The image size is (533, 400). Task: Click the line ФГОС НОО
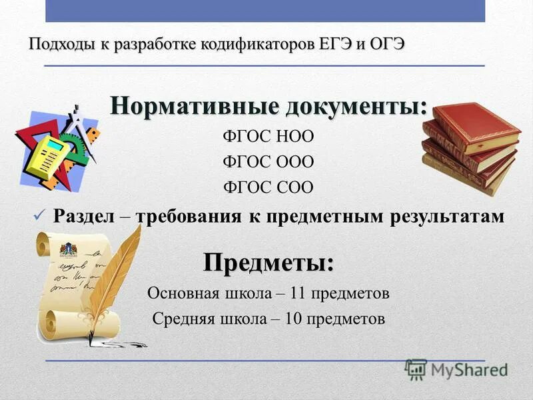tap(268, 137)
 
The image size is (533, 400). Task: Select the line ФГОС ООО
tap(268, 162)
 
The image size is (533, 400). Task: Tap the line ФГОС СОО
tap(268, 187)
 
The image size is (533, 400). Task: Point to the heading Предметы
tap(268, 262)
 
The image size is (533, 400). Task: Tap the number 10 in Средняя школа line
tap(293, 318)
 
